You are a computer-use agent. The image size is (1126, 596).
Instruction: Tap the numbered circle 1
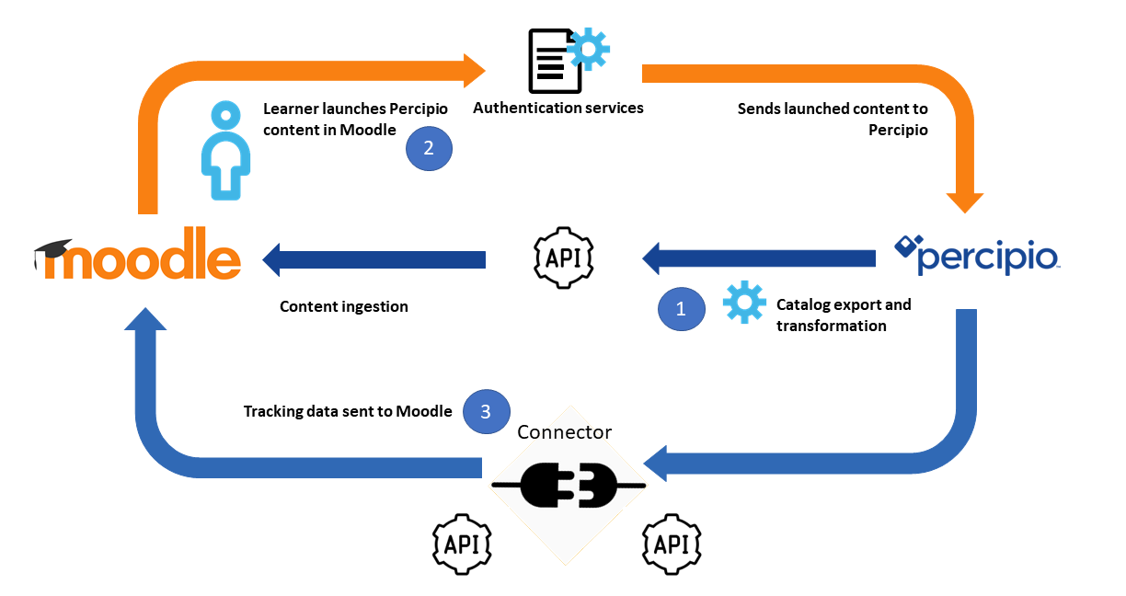click(681, 309)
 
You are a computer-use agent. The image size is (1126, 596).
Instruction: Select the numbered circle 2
click(429, 147)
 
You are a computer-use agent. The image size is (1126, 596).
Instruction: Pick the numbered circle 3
click(487, 410)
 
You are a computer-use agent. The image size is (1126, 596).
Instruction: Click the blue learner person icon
click(224, 152)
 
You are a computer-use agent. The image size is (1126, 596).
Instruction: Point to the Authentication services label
click(557, 108)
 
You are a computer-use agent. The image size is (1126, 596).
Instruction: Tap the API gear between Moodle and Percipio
click(564, 257)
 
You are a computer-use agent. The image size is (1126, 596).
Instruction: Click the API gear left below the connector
click(462, 544)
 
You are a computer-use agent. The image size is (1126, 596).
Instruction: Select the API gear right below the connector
click(672, 544)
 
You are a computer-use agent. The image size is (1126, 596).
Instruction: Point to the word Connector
click(564, 432)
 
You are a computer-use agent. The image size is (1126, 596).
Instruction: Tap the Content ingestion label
click(343, 306)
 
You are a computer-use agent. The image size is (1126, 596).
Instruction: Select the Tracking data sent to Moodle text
click(347, 411)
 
